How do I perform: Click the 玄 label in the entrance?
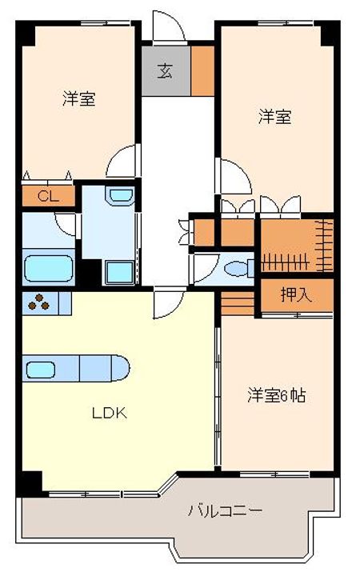pyautogui.click(x=165, y=71)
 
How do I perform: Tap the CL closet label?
pyautogui.click(x=48, y=197)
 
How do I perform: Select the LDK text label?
pyautogui.click(x=109, y=414)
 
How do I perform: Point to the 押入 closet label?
pyautogui.click(x=297, y=294)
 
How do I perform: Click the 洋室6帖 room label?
pyautogui.click(x=276, y=395)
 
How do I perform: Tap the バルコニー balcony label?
pyautogui.click(x=225, y=510)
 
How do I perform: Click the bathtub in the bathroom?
pyautogui.click(x=49, y=269)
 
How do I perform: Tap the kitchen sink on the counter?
pyautogui.click(x=41, y=370)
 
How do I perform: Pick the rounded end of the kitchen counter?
pyautogui.click(x=121, y=368)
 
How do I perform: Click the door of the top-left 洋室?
pyautogui.click(x=122, y=161)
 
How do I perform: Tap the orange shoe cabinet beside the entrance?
pyautogui.click(x=202, y=71)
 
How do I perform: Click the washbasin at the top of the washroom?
pyautogui.click(x=120, y=195)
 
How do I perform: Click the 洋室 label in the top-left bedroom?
pyautogui.click(x=79, y=98)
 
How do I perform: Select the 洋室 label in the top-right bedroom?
pyautogui.click(x=275, y=117)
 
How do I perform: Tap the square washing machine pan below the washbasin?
pyautogui.click(x=119, y=273)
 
